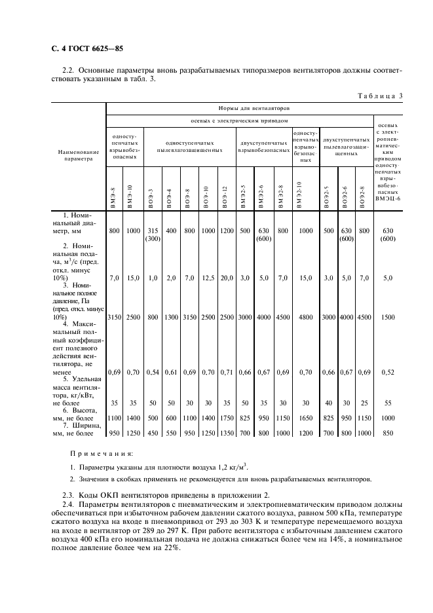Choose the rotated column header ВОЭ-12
point(226,196)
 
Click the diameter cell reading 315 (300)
point(153,235)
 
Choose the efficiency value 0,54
point(153,372)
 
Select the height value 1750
point(226,417)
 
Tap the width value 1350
point(226,433)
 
